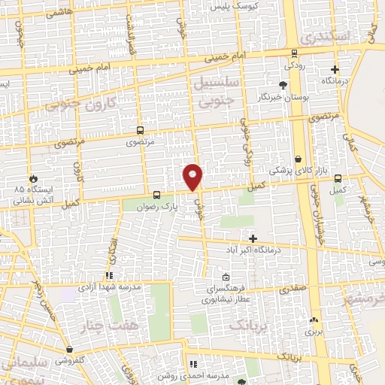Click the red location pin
click(192, 177)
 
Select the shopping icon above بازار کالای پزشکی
click(299, 159)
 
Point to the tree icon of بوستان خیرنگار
click(283, 85)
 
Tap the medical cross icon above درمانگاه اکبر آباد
click(253, 238)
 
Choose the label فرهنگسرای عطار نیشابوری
click(226, 293)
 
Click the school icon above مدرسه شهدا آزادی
click(110, 275)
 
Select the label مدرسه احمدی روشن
click(192, 375)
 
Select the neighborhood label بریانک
click(247, 325)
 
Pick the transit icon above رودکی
click(293, 53)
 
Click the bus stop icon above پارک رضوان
click(156, 194)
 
